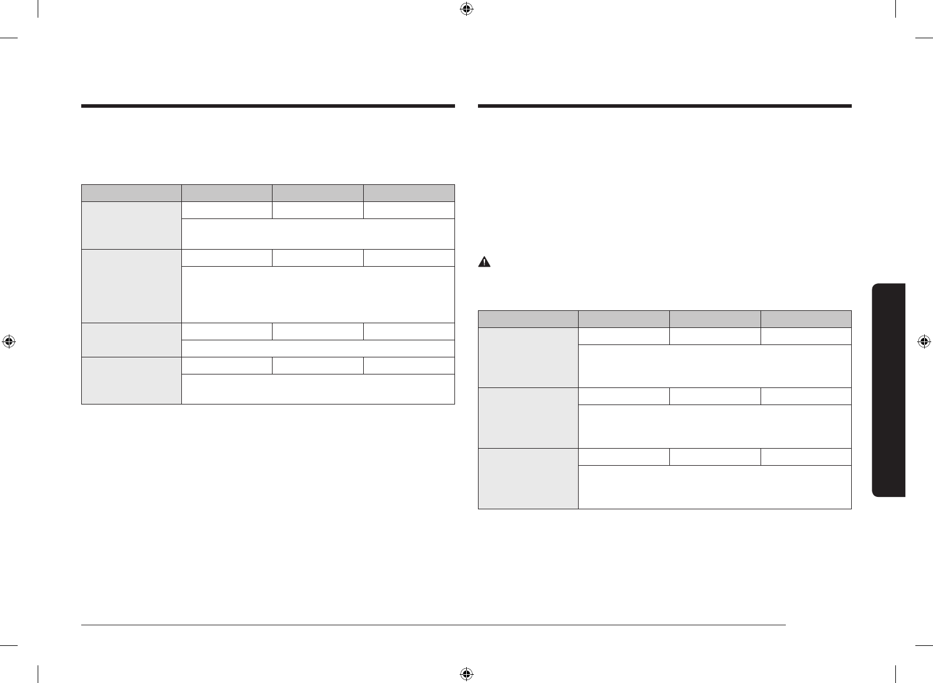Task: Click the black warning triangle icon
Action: [484, 263]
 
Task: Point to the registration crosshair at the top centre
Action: [466, 9]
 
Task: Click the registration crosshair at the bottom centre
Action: [466, 674]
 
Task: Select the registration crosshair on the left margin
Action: [9, 341]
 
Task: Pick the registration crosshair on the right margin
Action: [924, 341]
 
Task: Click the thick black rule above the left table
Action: [268, 107]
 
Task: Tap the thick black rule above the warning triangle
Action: [665, 107]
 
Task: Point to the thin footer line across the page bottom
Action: [434, 625]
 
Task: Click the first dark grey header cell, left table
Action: [131, 193]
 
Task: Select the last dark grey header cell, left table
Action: [409, 193]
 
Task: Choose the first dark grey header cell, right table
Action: [528, 319]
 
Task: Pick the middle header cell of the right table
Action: [715, 319]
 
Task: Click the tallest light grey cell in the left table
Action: [131, 286]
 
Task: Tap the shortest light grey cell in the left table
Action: [131, 340]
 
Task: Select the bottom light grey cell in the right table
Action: [528, 478]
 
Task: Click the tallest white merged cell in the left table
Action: [318, 294]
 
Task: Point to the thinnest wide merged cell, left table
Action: [318, 348]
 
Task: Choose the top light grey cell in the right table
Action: [528, 357]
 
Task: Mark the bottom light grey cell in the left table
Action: [131, 380]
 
